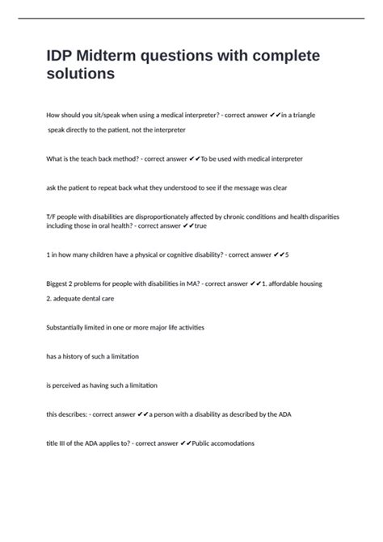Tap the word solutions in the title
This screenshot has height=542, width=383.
click(x=81, y=74)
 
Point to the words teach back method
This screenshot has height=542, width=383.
click(x=101, y=159)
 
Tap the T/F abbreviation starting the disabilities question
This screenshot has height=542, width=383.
click(x=52, y=217)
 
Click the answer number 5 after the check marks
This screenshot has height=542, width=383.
click(x=287, y=254)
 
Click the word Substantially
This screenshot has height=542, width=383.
click(x=69, y=327)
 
